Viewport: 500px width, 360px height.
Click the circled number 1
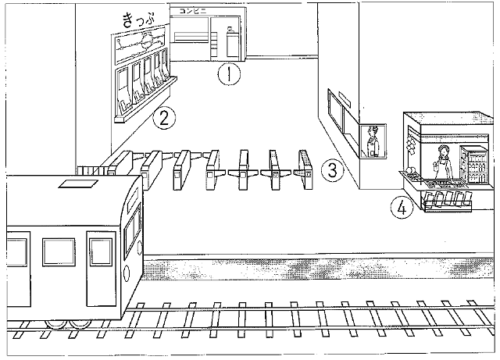coord(227,75)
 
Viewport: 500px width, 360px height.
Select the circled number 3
coord(333,169)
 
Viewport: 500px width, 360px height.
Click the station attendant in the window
coord(372,141)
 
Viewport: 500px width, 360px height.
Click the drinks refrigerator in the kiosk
coord(473,164)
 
